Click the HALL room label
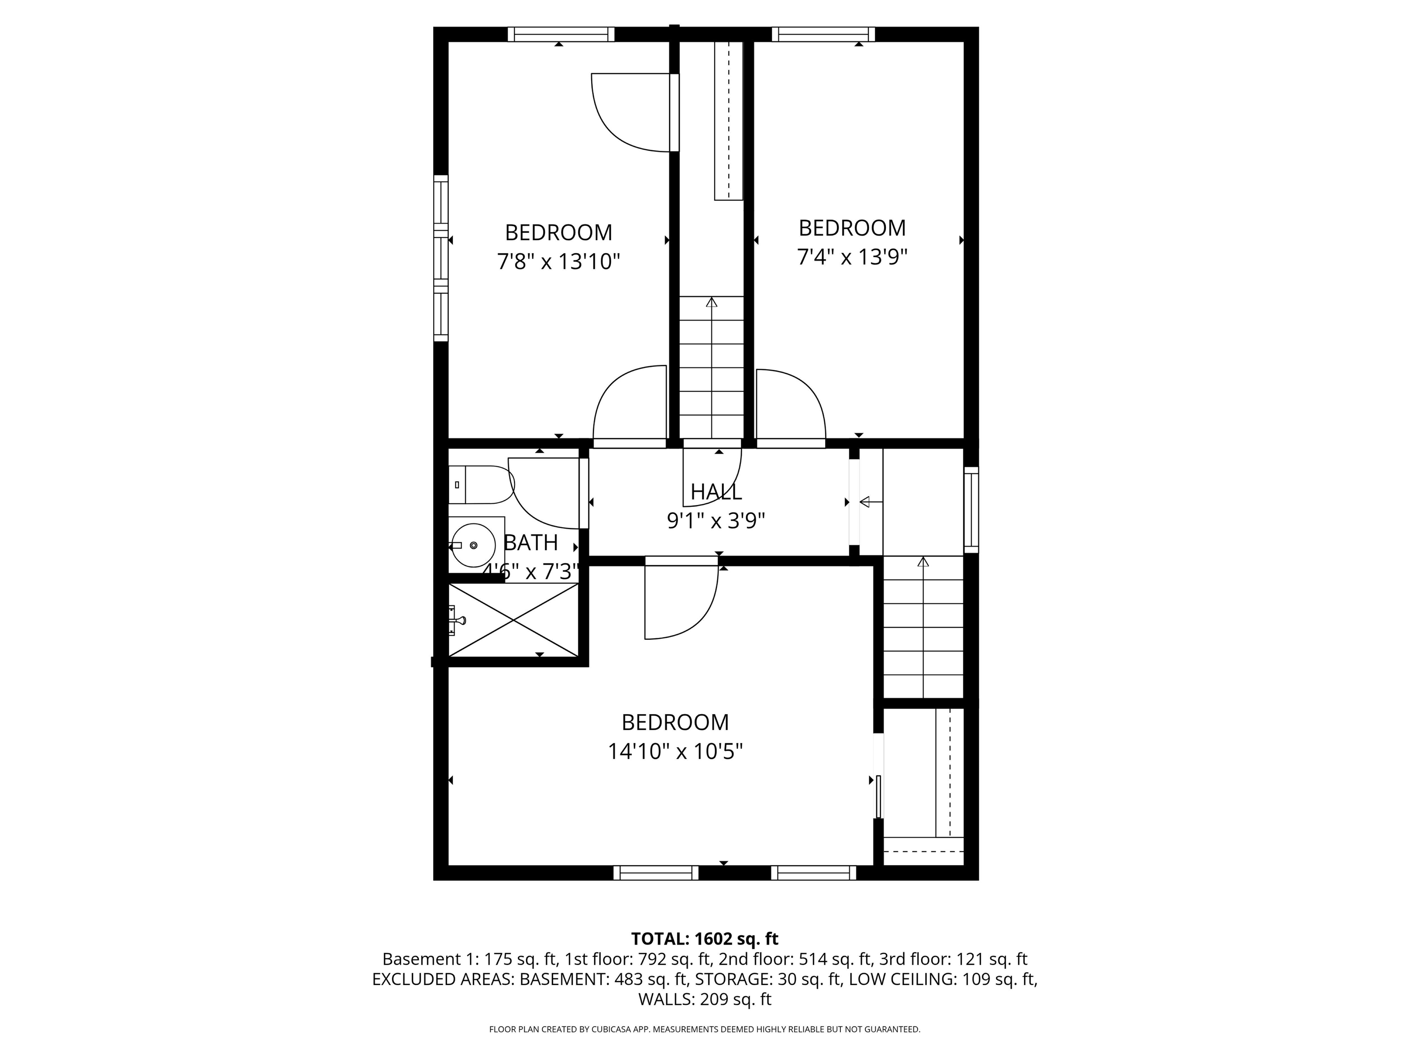716,492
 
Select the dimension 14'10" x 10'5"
675,752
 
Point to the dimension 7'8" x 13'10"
559,261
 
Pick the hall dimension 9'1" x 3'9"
716,521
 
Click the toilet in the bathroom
481,484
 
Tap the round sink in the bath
473,545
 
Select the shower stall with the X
513,619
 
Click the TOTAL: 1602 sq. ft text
705,939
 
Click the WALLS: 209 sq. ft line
705,999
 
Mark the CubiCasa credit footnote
705,1030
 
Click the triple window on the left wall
441,258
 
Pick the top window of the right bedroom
823,34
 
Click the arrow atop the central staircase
711,302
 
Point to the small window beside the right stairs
971,510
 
